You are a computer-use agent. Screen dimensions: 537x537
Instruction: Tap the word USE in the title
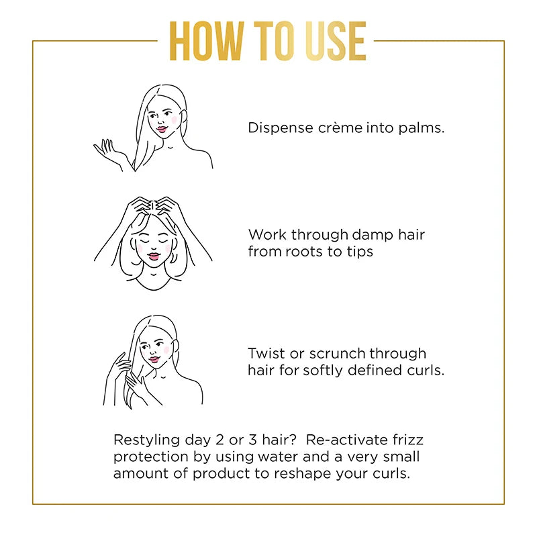point(331,42)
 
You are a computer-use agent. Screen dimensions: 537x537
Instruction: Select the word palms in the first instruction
point(422,128)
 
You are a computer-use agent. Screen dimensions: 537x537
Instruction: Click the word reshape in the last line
point(327,473)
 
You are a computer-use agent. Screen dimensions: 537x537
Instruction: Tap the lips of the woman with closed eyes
point(154,254)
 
